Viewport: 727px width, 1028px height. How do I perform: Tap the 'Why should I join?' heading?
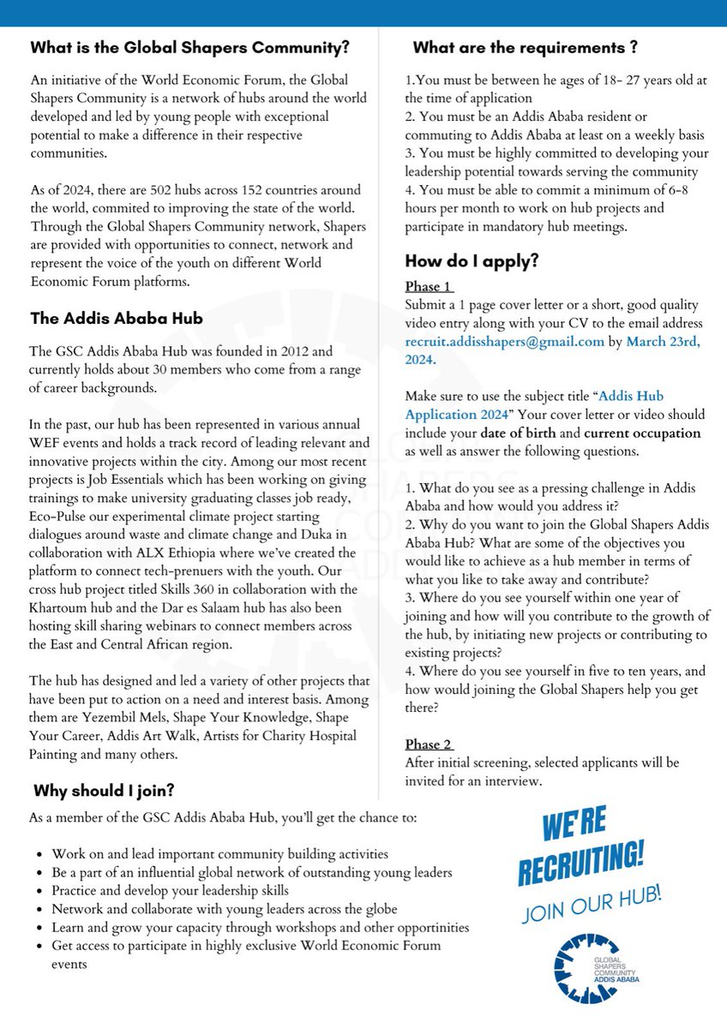tap(105, 789)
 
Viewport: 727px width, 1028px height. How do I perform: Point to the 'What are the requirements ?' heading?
tap(525, 47)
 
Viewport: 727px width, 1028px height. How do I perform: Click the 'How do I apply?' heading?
tap(472, 261)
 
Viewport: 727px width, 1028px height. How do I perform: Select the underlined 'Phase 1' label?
tap(429, 286)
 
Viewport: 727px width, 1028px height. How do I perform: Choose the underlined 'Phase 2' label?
tap(429, 744)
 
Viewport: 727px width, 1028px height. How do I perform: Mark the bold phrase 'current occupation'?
tap(642, 433)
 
